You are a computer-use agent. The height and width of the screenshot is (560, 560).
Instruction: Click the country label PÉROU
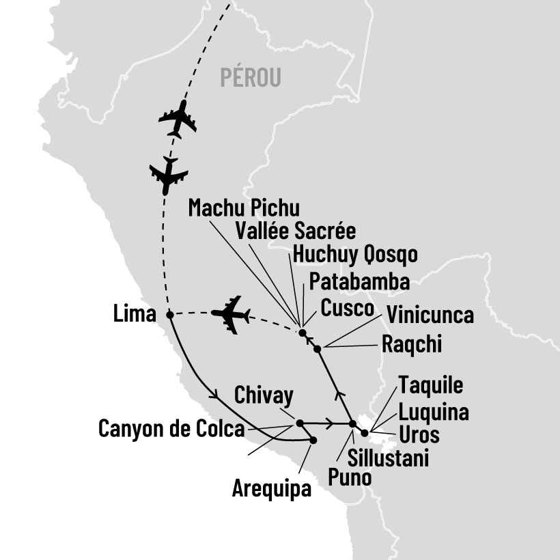(x=251, y=78)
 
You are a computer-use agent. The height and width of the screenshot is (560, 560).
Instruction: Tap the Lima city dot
(x=169, y=315)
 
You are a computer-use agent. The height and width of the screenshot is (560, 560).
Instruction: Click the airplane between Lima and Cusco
(x=229, y=314)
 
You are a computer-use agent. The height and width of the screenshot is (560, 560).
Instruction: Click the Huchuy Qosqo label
(x=354, y=255)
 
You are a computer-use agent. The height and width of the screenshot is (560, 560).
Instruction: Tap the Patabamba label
(x=359, y=281)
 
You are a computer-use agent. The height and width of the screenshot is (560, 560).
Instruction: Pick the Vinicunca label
(x=430, y=316)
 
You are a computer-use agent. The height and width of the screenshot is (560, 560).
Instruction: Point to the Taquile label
(x=430, y=384)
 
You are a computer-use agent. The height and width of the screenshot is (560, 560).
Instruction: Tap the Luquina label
(x=434, y=412)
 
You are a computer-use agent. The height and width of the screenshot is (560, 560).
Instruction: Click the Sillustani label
(x=388, y=458)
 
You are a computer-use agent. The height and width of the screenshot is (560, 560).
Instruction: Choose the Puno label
(x=350, y=477)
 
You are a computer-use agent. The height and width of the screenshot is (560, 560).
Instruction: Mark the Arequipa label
(x=271, y=489)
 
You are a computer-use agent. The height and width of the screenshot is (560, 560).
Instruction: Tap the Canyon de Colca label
(x=171, y=430)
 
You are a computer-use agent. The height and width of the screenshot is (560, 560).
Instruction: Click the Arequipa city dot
(x=313, y=440)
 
